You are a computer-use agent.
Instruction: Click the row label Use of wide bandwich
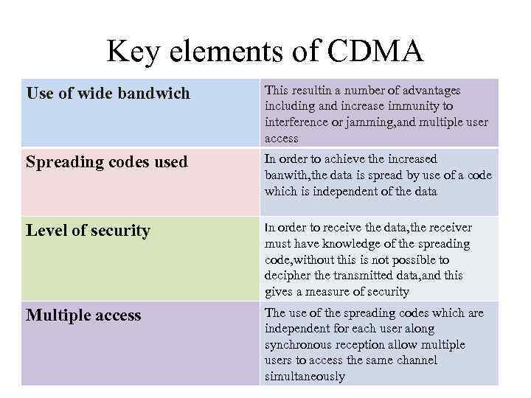108,94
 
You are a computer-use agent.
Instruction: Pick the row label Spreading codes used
107,162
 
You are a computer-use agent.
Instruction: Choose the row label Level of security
88,231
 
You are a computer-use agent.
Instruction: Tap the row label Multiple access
83,315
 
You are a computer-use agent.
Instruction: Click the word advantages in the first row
427,90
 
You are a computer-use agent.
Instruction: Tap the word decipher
290,276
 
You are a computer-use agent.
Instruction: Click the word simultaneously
305,377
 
